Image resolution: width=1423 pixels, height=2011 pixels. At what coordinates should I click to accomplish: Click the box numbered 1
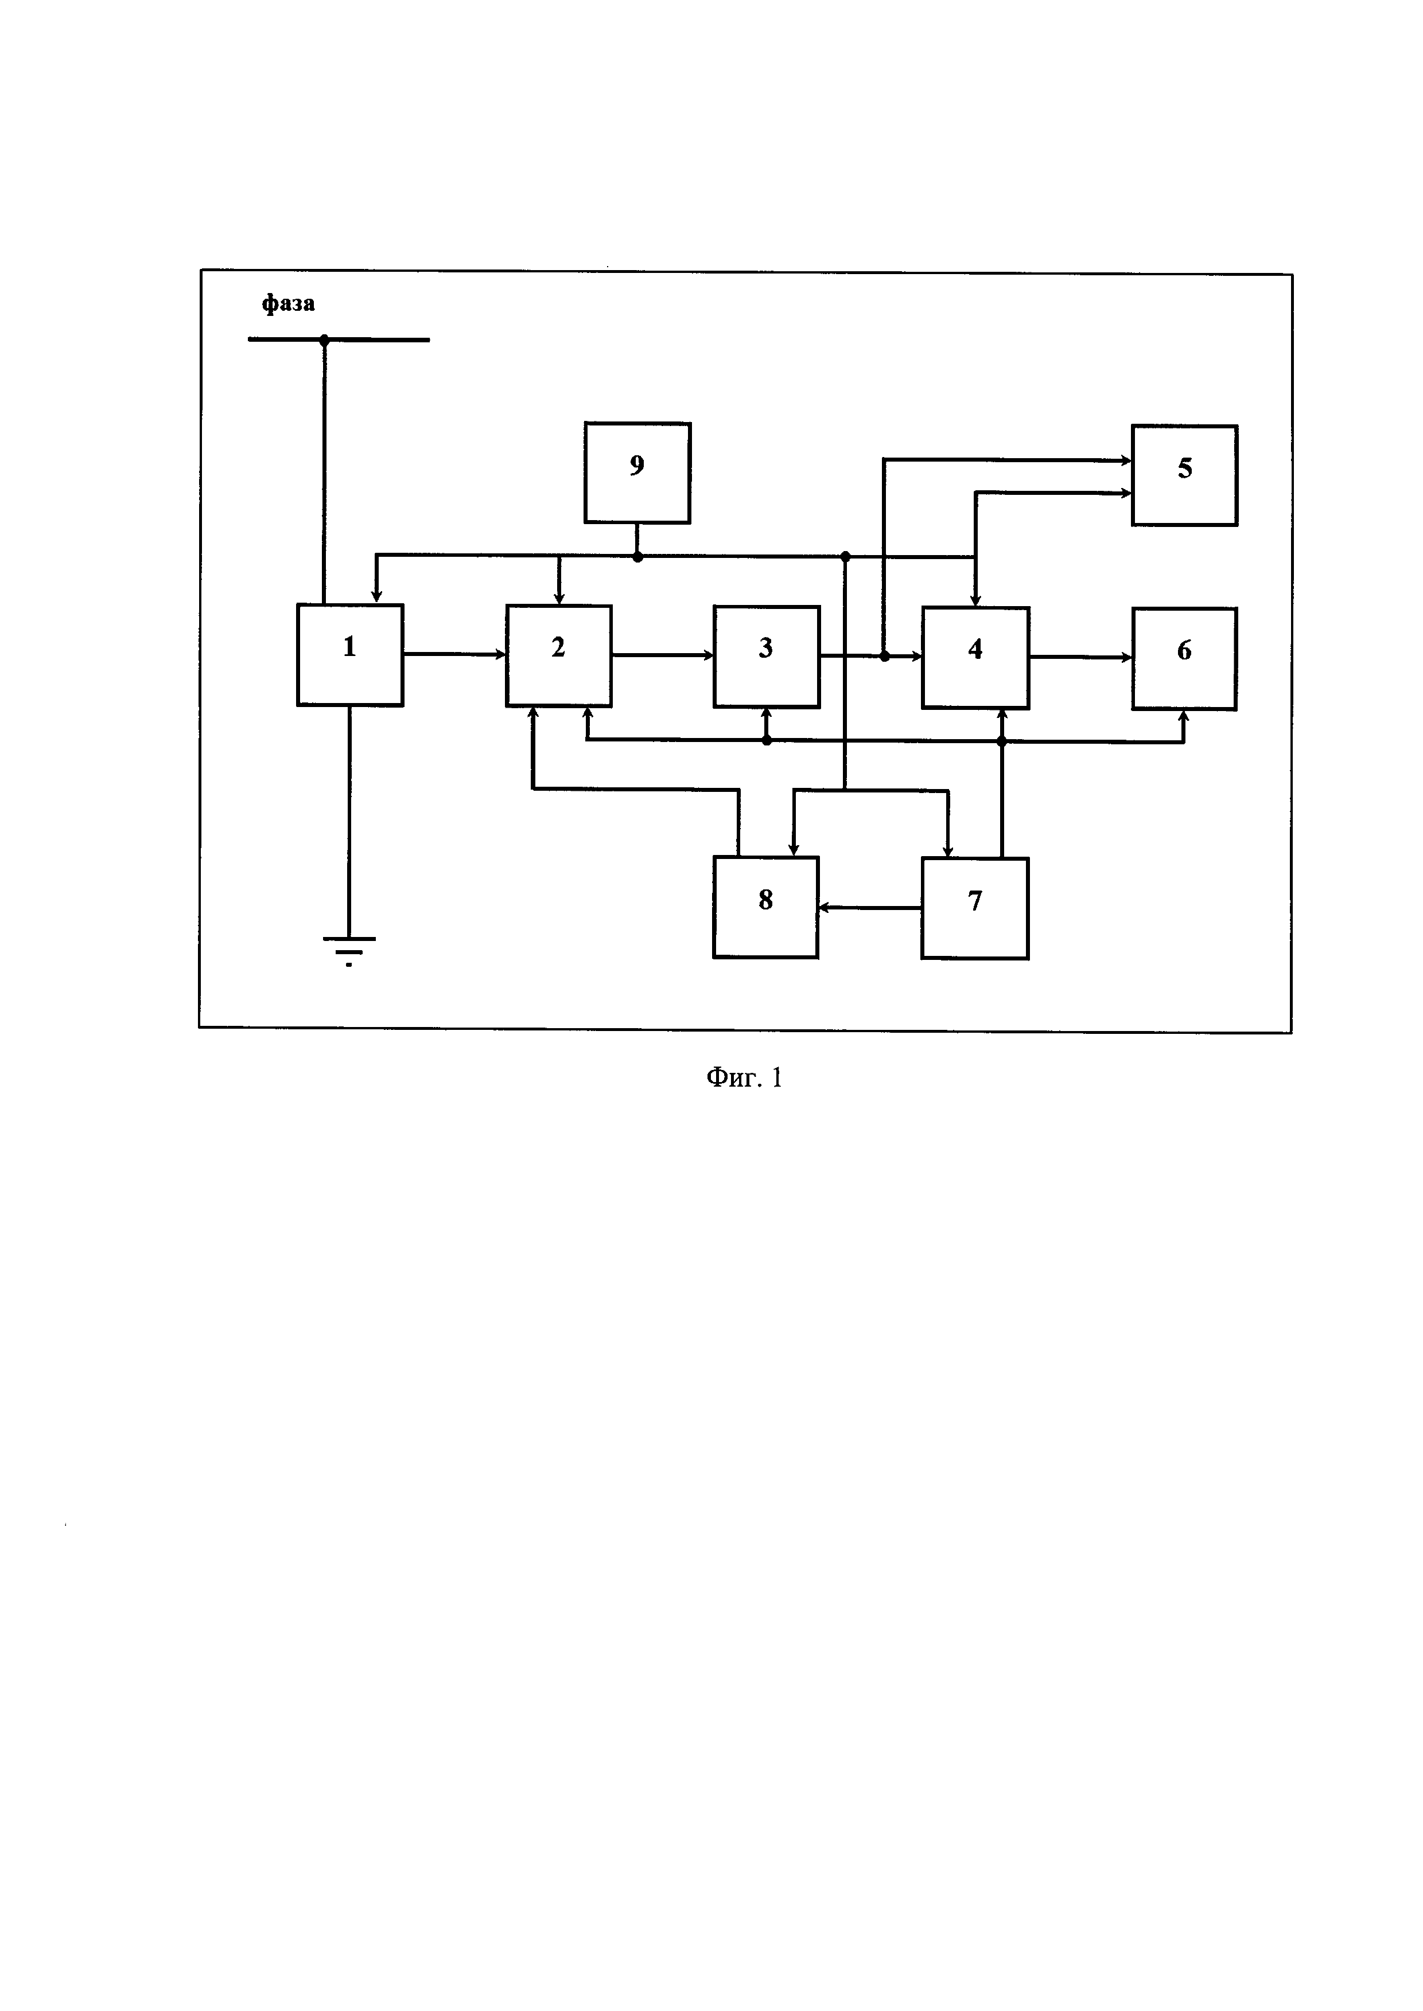(x=349, y=654)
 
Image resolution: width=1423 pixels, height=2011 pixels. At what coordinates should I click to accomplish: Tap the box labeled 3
(x=766, y=656)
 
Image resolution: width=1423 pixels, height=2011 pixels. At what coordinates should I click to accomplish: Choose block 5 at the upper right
(x=1184, y=475)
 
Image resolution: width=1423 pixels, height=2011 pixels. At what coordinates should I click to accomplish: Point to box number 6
(x=1184, y=658)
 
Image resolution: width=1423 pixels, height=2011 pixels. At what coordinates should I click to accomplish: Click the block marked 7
(x=974, y=908)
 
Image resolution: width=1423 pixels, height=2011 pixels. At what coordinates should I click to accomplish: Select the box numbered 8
(x=765, y=907)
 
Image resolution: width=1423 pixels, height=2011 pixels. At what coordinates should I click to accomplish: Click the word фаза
(x=288, y=304)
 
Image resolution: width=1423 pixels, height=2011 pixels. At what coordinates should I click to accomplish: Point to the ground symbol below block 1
(x=349, y=948)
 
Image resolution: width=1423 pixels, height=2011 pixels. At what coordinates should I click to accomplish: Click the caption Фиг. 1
(x=744, y=1077)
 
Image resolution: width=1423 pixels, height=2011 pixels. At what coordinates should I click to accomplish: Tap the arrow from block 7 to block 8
(x=869, y=908)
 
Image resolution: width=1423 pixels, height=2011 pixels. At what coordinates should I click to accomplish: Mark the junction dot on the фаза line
(x=324, y=340)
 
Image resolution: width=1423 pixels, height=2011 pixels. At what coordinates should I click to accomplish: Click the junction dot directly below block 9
(x=637, y=556)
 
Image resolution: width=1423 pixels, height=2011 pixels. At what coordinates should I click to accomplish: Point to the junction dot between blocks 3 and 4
(x=884, y=656)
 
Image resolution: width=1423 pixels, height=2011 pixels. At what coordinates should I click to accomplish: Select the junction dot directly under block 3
(x=767, y=740)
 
